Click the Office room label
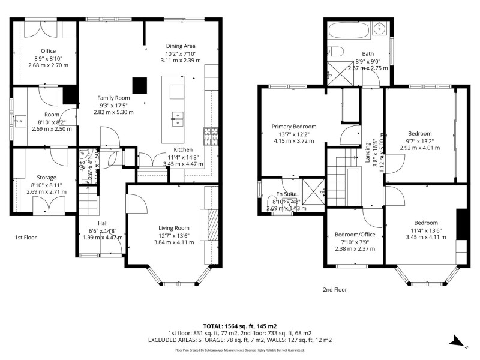click(x=47, y=51)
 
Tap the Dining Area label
click(x=181, y=46)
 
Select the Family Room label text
click(x=114, y=97)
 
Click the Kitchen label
click(x=183, y=149)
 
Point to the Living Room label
click(x=174, y=227)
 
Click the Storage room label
click(x=46, y=178)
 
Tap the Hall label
click(x=103, y=223)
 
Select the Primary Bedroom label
click(x=293, y=127)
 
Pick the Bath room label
click(x=367, y=54)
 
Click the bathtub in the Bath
click(x=348, y=28)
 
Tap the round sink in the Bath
click(x=379, y=28)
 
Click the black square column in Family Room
click(x=140, y=85)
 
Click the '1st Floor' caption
click(x=26, y=238)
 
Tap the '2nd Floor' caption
click(x=335, y=289)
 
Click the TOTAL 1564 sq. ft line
click(x=240, y=325)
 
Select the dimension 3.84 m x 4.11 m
click(x=174, y=242)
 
